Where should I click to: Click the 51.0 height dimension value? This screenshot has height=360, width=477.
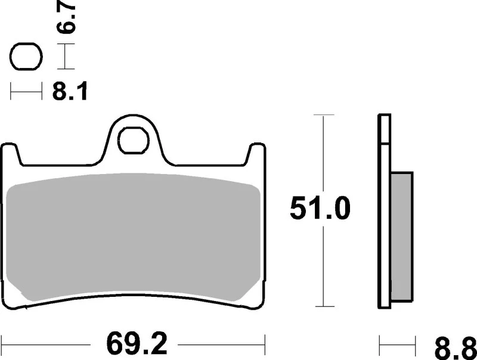tap(321, 209)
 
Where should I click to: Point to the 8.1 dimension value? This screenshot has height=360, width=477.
tap(70, 92)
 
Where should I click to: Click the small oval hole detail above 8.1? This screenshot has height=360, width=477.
tap(26, 58)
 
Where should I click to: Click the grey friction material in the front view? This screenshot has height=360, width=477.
tap(134, 238)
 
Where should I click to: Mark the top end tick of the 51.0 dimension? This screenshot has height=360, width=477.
tap(323, 114)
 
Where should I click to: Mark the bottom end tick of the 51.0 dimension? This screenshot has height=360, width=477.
tap(323, 308)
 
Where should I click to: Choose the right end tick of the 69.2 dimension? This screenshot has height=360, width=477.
tap(264, 344)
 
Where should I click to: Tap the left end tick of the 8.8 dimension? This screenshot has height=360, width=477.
tap(381, 344)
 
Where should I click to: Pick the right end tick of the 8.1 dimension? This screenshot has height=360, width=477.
tap(42, 92)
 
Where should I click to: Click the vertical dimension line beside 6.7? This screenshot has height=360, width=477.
tap(65, 58)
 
